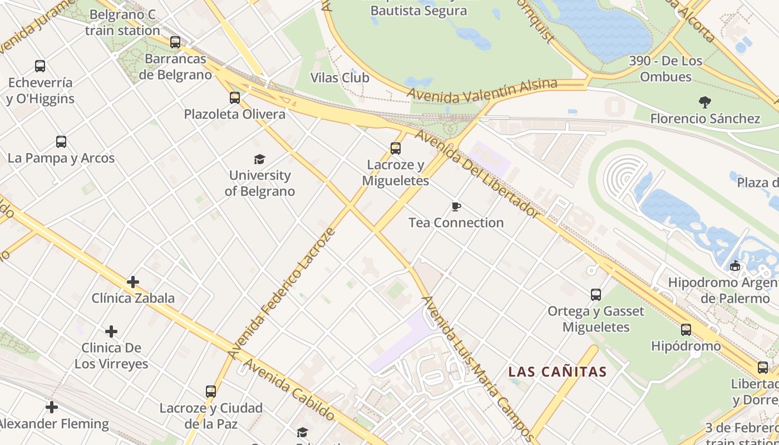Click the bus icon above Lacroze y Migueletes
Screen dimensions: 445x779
click(395, 149)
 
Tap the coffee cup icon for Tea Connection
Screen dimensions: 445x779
click(456, 207)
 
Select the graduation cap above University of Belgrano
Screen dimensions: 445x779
click(260, 160)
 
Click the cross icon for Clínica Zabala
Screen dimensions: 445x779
click(133, 282)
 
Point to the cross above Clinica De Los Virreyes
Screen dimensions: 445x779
click(111, 332)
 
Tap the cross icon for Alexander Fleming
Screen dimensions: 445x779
click(52, 408)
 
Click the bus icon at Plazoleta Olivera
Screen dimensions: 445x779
click(235, 98)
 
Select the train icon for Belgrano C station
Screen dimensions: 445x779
click(175, 42)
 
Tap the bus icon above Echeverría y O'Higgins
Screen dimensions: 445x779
click(40, 66)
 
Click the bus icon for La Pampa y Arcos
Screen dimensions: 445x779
click(61, 142)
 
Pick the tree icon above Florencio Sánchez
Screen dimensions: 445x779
click(705, 102)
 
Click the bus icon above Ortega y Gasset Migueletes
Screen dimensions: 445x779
click(596, 295)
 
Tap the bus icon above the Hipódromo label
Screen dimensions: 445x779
click(686, 330)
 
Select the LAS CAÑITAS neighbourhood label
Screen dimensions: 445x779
click(557, 372)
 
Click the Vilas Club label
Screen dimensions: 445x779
click(339, 78)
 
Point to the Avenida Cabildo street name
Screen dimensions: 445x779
click(289, 390)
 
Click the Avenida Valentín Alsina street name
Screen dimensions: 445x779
click(482, 91)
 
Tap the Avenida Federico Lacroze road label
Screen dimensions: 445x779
click(282, 293)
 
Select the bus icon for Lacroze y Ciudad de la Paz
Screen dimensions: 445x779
click(211, 392)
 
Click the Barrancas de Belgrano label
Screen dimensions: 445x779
click(175, 67)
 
